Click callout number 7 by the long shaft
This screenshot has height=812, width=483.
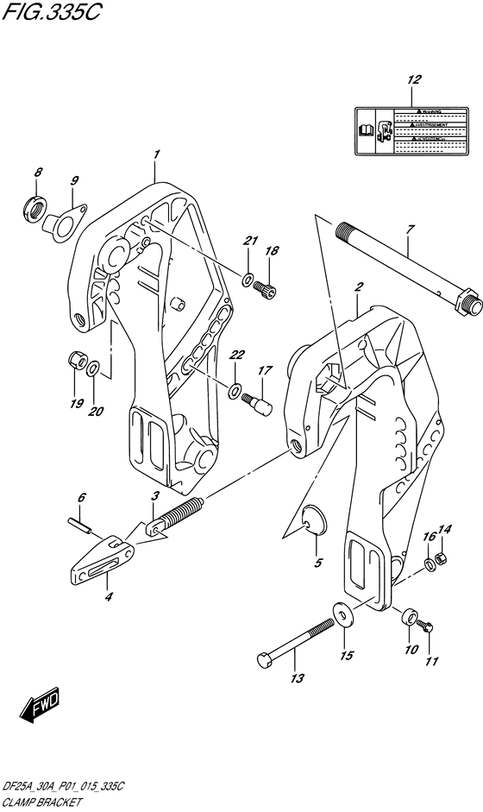(x=411, y=229)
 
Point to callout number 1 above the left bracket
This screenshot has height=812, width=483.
(x=156, y=154)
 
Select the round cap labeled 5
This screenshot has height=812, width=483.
(x=315, y=520)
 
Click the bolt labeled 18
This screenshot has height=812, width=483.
(x=267, y=291)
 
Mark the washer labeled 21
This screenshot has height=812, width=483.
(x=248, y=280)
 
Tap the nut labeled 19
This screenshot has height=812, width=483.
(x=75, y=360)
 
